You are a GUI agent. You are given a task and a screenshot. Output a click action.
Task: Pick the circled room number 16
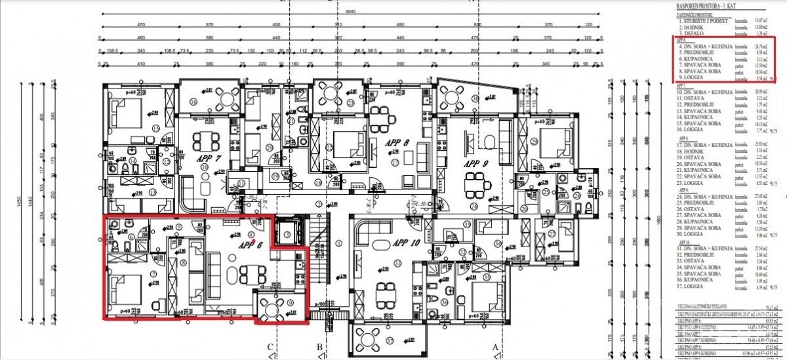pyautogui.click(x=193, y=103)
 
